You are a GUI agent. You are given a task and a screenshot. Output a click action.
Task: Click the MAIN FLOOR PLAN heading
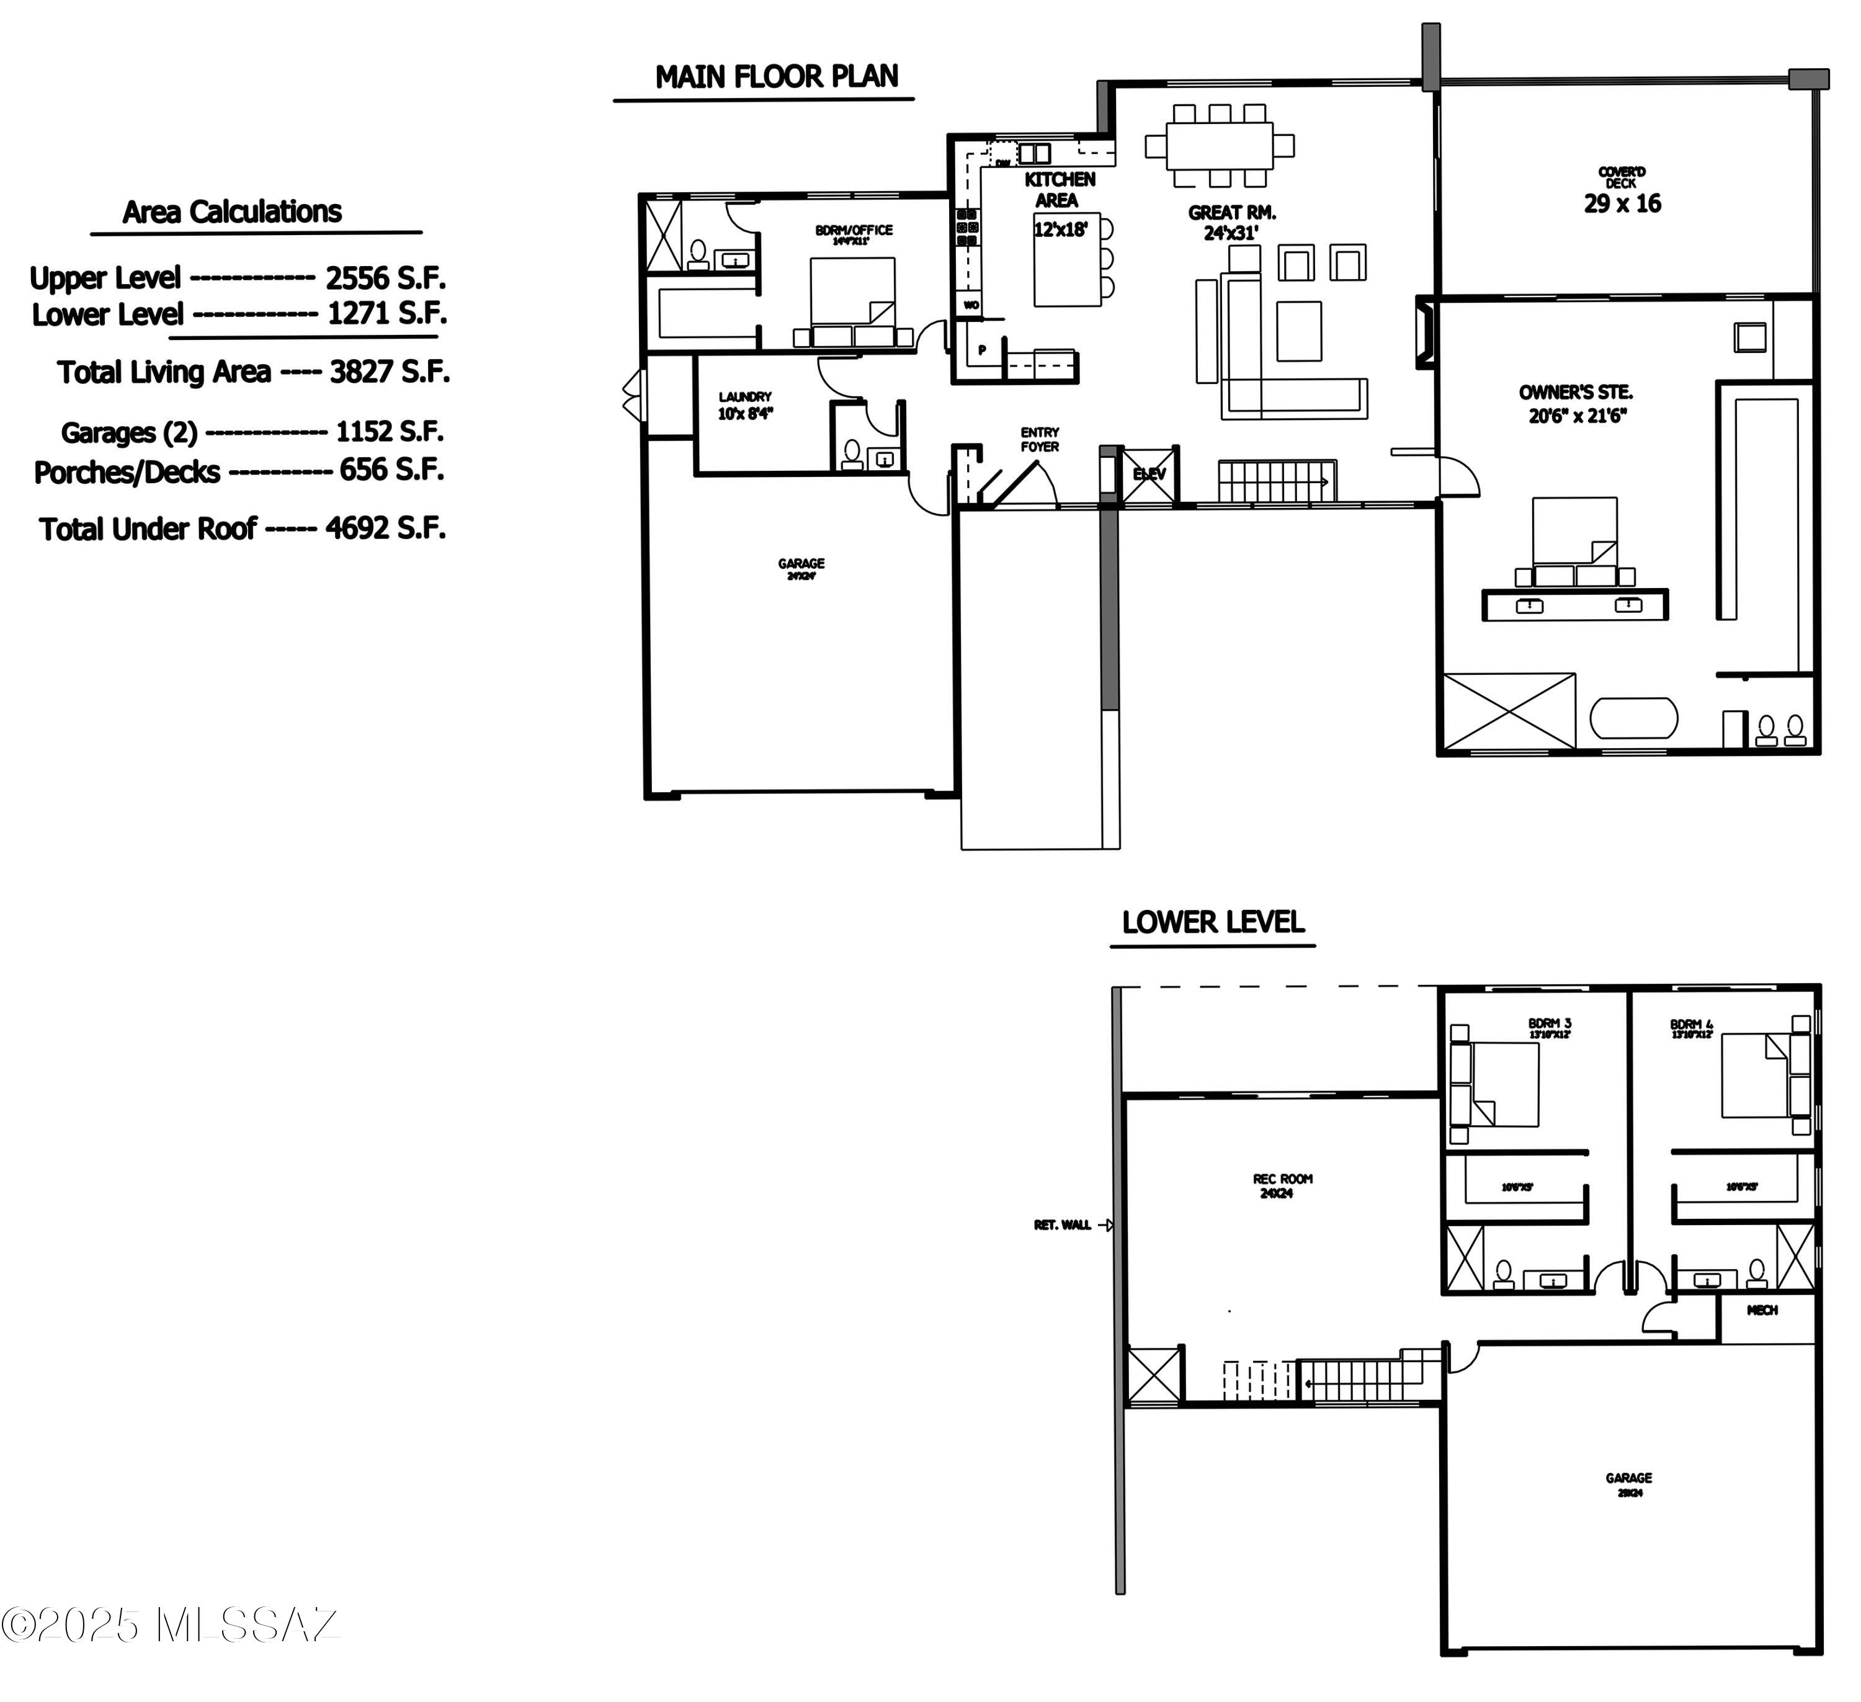tap(776, 77)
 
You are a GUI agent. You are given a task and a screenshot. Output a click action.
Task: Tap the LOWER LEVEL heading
tap(1212, 922)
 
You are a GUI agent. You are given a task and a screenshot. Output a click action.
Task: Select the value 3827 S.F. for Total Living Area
tap(390, 372)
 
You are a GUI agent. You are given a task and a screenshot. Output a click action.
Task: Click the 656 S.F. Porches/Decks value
tap(391, 470)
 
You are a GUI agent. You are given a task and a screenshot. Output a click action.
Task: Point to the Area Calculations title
tap(232, 212)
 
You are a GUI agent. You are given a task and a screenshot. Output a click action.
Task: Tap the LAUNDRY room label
tap(745, 398)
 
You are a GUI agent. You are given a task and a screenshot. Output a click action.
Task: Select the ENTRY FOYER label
tap(1040, 439)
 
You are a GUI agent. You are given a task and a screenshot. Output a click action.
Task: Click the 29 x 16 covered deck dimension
tap(1622, 204)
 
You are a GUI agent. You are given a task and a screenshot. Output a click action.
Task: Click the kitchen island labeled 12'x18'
tap(1066, 259)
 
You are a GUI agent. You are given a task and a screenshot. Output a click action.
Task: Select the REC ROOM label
tap(1282, 1178)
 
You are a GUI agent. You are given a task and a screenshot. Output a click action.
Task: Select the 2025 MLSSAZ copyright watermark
tap(171, 1651)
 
